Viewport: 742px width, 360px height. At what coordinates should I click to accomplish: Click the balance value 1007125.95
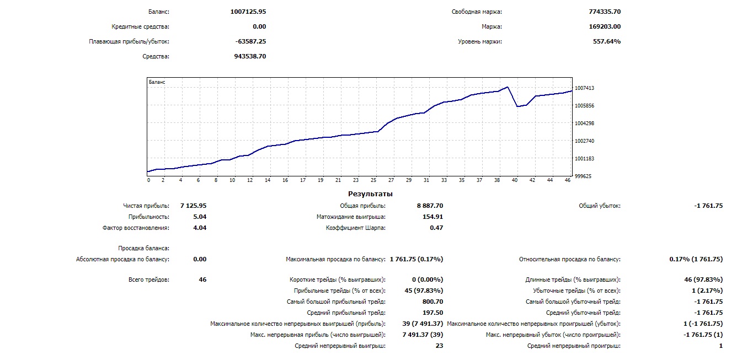click(248, 12)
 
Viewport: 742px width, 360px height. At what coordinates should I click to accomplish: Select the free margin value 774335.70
click(605, 12)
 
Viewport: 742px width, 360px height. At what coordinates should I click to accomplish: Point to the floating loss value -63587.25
click(250, 41)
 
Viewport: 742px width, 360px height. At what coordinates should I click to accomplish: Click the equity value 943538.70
click(250, 56)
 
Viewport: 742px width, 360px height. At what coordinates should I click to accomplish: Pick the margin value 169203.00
click(605, 26)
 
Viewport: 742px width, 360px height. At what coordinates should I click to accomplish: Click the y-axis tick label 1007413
click(584, 88)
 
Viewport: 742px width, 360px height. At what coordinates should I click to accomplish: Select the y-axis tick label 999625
click(583, 176)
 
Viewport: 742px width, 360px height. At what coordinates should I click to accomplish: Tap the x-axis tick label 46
click(568, 180)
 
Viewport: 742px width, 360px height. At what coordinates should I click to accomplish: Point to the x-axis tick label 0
click(148, 180)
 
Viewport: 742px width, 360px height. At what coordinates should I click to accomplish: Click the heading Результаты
click(370, 194)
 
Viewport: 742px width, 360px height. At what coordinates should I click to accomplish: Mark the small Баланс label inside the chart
click(157, 82)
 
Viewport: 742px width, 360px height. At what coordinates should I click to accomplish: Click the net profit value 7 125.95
click(193, 206)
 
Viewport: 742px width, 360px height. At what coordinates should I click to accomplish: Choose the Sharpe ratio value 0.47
click(436, 228)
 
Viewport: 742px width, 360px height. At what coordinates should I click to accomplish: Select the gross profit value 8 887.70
click(430, 206)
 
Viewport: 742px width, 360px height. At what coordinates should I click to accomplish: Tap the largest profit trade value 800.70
click(432, 302)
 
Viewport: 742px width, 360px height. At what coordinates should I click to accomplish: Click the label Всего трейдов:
click(148, 280)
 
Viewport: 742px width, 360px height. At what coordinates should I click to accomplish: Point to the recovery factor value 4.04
click(200, 228)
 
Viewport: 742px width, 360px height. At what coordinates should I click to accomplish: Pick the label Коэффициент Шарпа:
click(356, 228)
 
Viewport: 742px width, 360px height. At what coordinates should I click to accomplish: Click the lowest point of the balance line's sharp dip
click(517, 106)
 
